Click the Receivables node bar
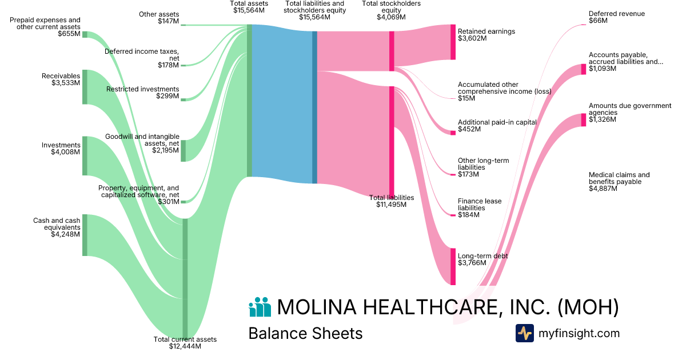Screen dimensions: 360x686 coord(85,87)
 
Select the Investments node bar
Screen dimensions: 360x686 coord(85,155)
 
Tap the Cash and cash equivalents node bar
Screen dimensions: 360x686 coord(85,235)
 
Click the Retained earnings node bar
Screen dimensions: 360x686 coord(453,42)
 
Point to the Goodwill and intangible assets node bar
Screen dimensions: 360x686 coord(183,151)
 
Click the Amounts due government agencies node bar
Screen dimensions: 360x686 coord(584,120)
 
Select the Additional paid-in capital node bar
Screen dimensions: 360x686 coord(453,133)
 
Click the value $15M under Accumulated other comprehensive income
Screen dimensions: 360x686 coord(466,99)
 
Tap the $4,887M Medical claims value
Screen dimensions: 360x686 coord(603,189)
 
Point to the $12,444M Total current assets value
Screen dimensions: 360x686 coord(185,346)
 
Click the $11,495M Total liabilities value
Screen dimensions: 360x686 coord(391,205)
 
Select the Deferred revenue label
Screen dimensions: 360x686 coord(608,13)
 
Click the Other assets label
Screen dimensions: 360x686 coord(159,14)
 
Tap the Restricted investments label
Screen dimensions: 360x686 coord(142,89)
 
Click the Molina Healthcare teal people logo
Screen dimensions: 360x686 coord(260,307)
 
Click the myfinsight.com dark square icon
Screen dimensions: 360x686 coord(524,333)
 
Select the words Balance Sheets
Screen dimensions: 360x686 coord(305,333)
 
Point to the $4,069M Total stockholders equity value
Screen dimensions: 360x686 coord(391,17)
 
